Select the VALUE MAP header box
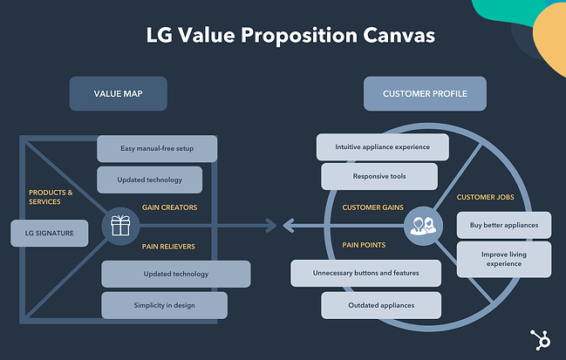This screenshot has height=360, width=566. [x=118, y=94]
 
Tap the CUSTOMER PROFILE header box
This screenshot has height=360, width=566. [x=425, y=94]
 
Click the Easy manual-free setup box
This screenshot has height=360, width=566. [x=157, y=148]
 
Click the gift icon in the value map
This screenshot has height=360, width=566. [x=120, y=227]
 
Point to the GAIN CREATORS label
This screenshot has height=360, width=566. [x=169, y=207]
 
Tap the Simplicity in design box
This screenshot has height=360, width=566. [x=164, y=305]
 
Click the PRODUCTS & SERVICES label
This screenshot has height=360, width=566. [x=51, y=197]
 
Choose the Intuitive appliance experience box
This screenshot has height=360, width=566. [x=382, y=146]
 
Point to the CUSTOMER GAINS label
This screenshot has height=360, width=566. [x=372, y=207]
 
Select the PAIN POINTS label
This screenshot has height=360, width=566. [x=365, y=246]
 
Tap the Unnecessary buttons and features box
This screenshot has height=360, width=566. [x=365, y=273]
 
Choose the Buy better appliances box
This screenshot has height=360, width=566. [x=504, y=225]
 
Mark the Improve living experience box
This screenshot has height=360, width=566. [x=504, y=260]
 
